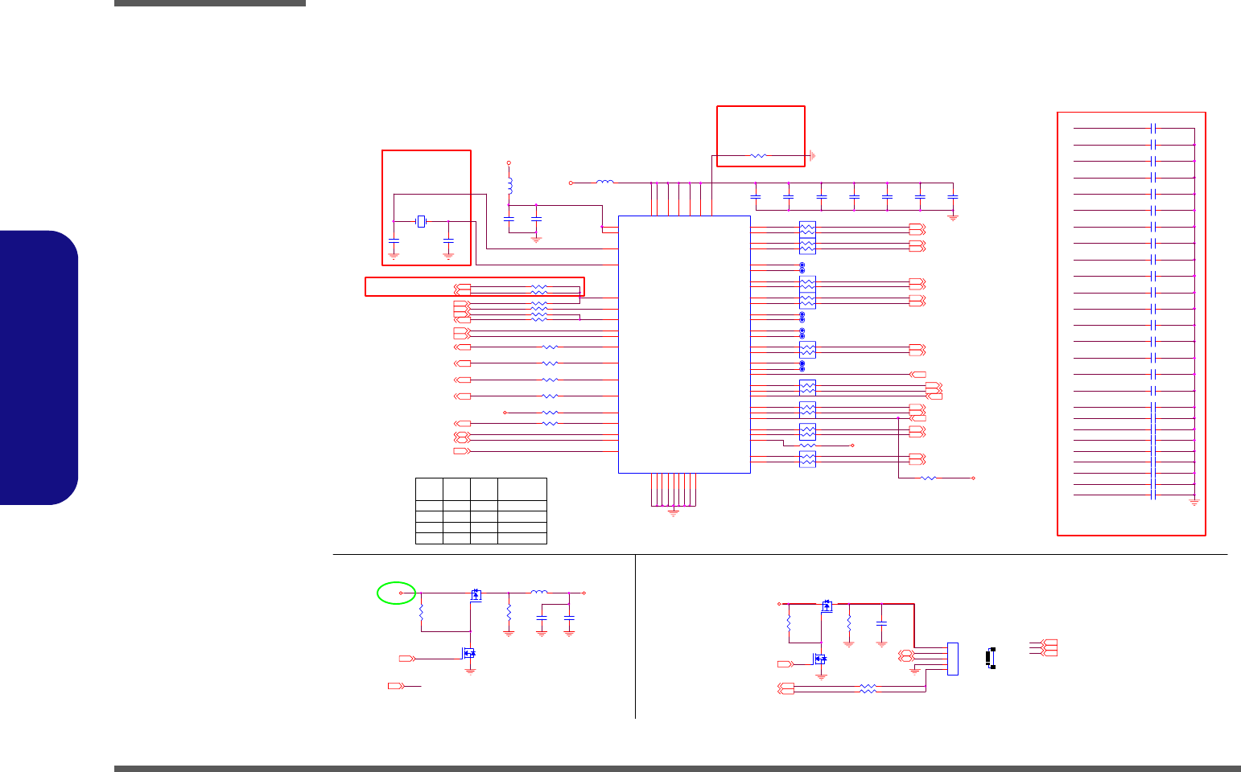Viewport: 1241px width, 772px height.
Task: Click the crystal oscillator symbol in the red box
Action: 420,221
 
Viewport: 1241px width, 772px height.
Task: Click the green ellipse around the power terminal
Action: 396,593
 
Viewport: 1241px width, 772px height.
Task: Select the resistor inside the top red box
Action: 757,155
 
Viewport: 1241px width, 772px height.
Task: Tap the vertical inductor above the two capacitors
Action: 509,186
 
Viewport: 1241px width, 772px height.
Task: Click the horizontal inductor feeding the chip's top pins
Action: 604,183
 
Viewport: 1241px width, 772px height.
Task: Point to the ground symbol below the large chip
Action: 674,511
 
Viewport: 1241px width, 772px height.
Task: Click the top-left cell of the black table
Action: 429,489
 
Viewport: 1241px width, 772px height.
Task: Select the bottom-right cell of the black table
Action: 522,539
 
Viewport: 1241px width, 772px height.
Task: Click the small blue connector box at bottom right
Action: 953,659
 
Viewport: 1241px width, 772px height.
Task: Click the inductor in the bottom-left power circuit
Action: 538,593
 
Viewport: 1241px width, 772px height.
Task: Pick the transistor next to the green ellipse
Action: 476,595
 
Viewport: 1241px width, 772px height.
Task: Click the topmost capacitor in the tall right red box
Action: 1153,128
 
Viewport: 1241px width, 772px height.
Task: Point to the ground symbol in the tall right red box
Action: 1194,502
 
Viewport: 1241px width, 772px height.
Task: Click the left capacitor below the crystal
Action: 394,240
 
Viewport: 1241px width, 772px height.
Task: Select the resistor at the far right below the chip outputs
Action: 928,478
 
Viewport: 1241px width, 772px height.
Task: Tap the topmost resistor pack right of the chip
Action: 807,228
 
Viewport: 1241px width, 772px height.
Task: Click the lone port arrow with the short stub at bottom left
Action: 395,686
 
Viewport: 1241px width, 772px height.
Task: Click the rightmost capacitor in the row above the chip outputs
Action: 953,196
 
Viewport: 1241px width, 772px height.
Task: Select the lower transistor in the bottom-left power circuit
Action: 468,655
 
